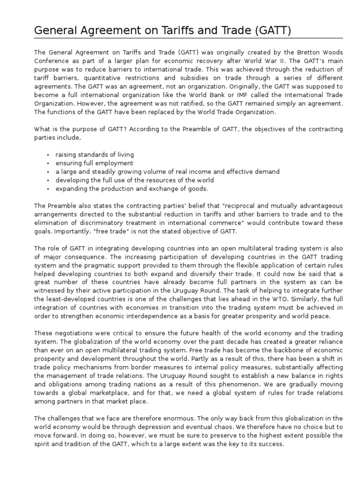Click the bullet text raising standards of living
94,155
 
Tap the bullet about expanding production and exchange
132,188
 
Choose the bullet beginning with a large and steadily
167,172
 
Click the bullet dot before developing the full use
48,180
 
